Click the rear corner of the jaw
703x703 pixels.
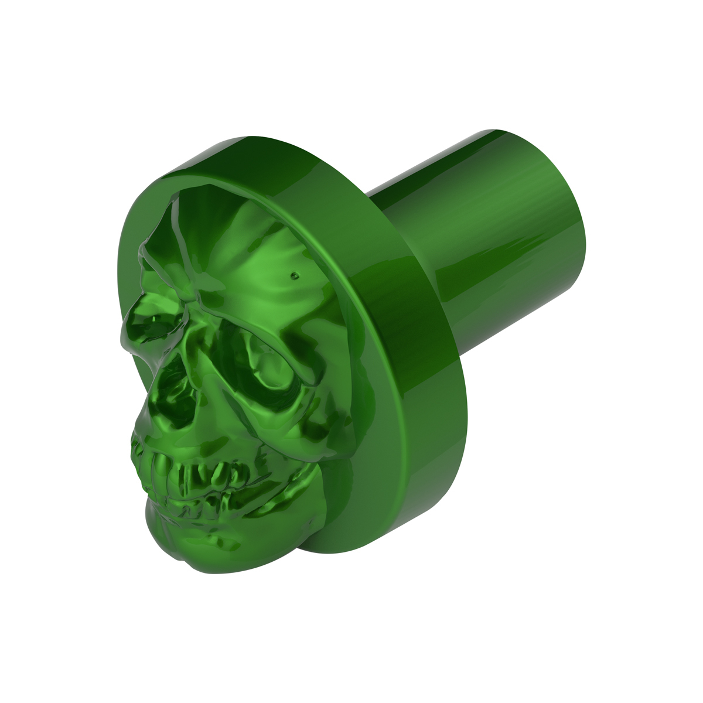(305, 486)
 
